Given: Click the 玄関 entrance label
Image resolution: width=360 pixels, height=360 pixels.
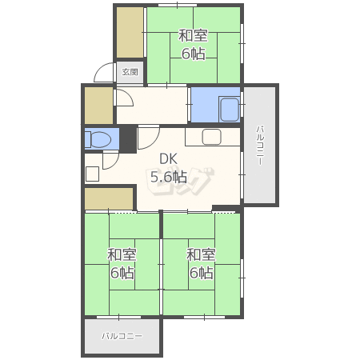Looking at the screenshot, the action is click(x=130, y=72).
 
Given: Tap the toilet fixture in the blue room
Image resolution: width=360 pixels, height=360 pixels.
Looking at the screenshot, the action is click(x=98, y=139).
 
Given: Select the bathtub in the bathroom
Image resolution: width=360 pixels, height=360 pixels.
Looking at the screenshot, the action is click(x=229, y=110).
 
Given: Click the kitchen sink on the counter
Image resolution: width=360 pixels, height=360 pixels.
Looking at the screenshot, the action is click(x=212, y=137).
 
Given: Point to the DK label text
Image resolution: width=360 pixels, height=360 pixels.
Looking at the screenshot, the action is click(x=168, y=159).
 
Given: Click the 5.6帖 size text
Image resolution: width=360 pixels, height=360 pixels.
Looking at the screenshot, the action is click(x=169, y=177).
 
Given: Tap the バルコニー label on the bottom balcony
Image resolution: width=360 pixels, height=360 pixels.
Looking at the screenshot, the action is click(x=122, y=336).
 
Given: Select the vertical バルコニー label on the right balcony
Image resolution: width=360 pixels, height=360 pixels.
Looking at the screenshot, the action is click(x=260, y=145).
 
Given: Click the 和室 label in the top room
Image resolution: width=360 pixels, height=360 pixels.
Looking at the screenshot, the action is click(x=193, y=36).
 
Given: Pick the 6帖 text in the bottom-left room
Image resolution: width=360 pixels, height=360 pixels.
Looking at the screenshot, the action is click(x=122, y=273).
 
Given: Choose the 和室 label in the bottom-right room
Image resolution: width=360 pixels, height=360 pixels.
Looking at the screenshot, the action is click(x=201, y=254).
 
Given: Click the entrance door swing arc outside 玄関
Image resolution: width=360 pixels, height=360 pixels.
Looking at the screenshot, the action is click(x=98, y=69).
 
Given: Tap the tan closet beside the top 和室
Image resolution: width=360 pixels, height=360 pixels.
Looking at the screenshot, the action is click(x=130, y=32).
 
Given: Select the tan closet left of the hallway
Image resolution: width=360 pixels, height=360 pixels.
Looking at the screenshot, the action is click(x=98, y=106).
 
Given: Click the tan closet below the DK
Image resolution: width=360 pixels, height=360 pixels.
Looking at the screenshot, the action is click(x=109, y=198).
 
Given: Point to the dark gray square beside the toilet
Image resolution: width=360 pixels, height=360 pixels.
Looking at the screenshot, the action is click(x=128, y=138).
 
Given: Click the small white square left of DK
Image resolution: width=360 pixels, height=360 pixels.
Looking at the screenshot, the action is click(x=92, y=174).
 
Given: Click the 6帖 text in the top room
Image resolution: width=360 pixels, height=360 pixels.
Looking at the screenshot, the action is click(x=194, y=54).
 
